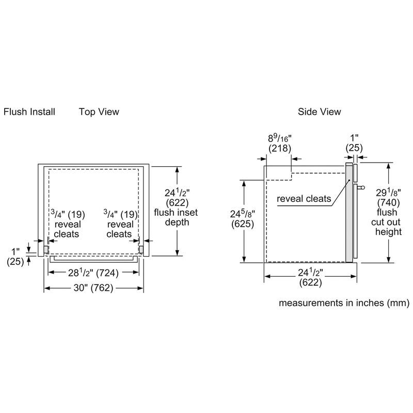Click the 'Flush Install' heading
(x=29, y=112)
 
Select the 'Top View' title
(x=99, y=112)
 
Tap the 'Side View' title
(x=319, y=112)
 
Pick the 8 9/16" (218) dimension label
(x=279, y=143)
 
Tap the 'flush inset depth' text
(x=176, y=217)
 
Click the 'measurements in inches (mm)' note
(x=344, y=303)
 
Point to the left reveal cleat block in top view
(x=46, y=249)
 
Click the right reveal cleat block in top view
(x=140, y=249)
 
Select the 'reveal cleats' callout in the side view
(x=304, y=199)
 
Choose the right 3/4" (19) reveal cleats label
(x=120, y=224)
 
